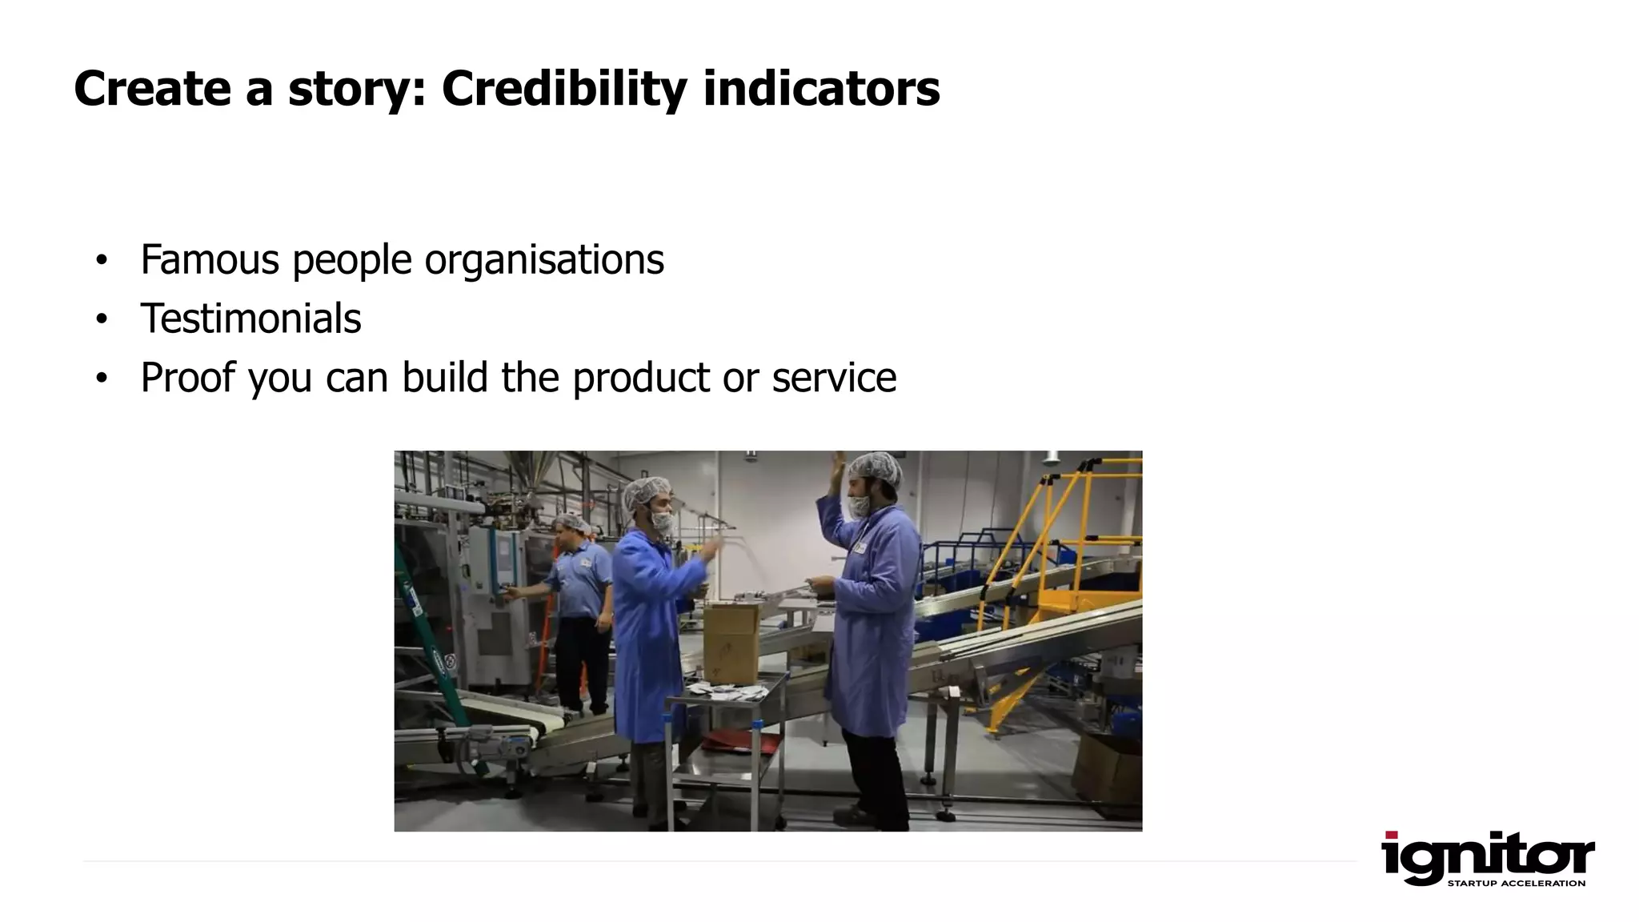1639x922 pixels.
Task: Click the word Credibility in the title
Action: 563,88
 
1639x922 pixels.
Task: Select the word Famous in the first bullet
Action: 210,259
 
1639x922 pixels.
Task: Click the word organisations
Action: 543,259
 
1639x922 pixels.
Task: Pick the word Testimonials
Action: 250,319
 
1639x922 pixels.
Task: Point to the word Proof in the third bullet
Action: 187,377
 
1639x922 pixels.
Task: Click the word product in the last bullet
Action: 641,377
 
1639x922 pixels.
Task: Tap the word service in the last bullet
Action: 834,377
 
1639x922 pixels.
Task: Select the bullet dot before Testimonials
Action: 101,319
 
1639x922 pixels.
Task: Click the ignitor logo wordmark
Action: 1487,857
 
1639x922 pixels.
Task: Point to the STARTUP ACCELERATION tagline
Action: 1516,884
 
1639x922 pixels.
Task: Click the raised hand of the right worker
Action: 837,466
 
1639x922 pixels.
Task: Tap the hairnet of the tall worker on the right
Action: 876,469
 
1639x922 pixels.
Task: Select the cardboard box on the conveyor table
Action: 731,640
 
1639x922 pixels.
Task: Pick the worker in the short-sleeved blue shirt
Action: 578,608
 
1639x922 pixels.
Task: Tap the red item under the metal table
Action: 740,743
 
